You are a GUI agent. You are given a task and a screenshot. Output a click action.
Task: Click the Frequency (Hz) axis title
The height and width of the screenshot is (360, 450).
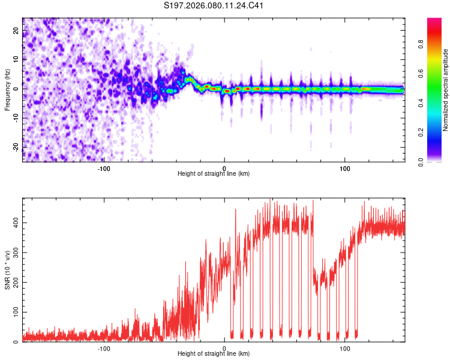tap(8, 89)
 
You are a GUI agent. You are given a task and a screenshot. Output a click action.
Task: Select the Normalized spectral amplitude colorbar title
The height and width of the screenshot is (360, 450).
tap(446, 90)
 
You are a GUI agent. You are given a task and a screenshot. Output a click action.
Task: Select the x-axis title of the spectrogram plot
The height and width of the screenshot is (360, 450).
tap(214, 173)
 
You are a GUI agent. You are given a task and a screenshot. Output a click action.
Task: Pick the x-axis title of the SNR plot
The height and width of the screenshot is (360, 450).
tap(214, 354)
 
